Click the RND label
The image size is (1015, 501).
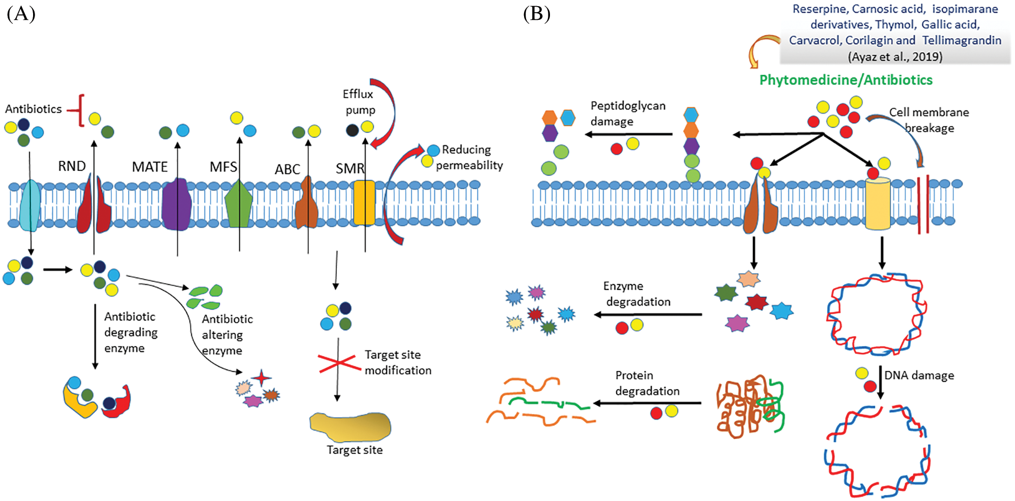(x=72, y=166)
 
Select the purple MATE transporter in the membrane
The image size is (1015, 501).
(x=177, y=204)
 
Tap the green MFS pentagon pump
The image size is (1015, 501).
(x=239, y=204)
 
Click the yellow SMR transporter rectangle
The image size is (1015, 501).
(x=364, y=202)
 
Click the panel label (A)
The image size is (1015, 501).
(x=21, y=14)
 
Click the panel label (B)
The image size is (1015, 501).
(x=537, y=14)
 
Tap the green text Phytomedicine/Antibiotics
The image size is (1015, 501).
(x=846, y=80)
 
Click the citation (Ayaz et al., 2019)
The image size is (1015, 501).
(x=895, y=56)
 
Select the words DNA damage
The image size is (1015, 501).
(x=919, y=375)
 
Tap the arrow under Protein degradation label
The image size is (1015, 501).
(x=647, y=403)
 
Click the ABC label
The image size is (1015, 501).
(x=287, y=169)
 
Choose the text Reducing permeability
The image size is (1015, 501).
(x=468, y=157)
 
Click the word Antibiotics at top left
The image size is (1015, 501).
(x=34, y=109)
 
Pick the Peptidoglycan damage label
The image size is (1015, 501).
(x=627, y=113)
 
